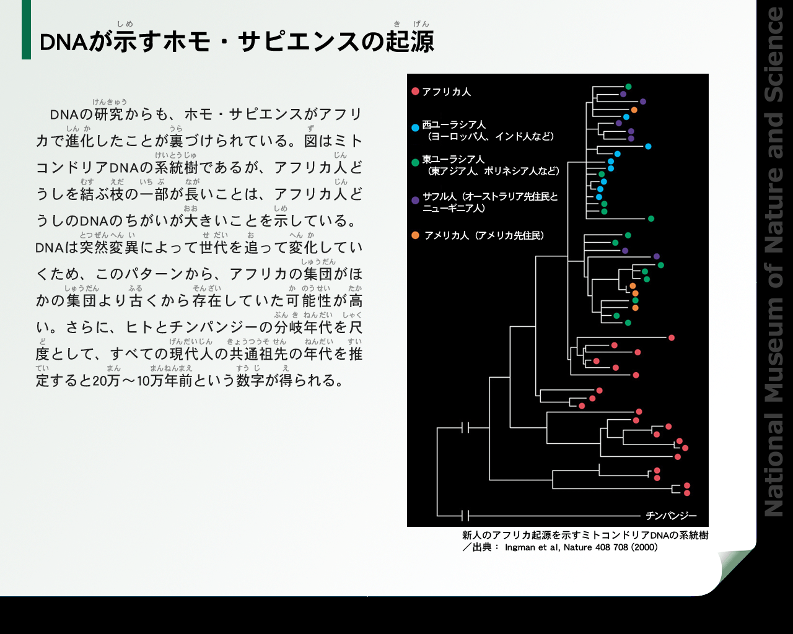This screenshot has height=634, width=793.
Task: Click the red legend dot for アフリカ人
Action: (415, 92)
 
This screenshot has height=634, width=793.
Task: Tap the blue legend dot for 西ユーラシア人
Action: (415, 128)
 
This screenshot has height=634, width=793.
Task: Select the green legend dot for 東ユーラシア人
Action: (415, 162)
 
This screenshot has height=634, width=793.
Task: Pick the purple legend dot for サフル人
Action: (415, 201)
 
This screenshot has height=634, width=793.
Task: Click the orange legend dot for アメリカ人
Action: (415, 235)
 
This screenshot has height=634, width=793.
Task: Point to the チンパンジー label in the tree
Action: (671, 516)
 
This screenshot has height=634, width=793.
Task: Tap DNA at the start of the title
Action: (63, 42)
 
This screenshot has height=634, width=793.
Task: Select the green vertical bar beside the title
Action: (26, 30)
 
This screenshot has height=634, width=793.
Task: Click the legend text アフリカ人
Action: (446, 92)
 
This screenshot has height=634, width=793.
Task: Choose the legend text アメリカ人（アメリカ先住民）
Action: (484, 235)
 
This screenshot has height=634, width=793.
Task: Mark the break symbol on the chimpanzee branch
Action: (465, 516)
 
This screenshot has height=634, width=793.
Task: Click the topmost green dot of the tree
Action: (628, 87)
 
